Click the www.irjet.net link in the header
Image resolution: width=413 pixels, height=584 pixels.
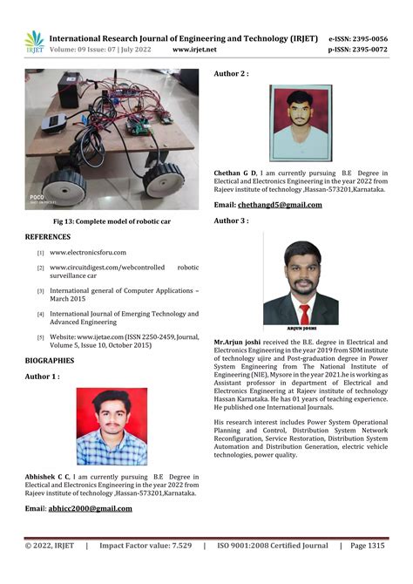[x=194, y=51]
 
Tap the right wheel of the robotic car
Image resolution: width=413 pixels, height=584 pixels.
[x=163, y=180]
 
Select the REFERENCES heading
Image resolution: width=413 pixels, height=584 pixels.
[x=48, y=237]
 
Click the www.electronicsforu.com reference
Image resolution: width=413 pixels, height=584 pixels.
[x=88, y=253]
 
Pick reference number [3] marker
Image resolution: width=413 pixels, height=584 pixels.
[x=40, y=290]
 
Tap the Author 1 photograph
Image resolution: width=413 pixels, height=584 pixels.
[x=112, y=426]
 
